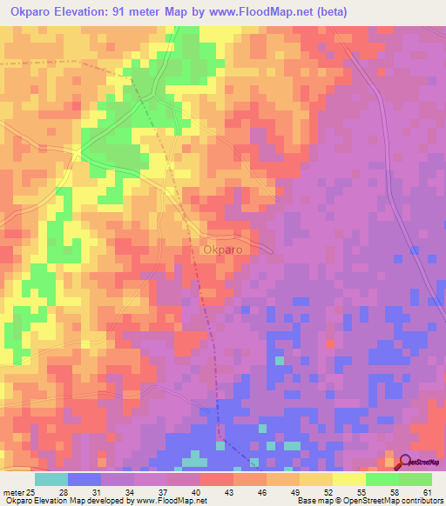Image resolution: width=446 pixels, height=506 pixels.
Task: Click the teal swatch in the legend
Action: (51, 479)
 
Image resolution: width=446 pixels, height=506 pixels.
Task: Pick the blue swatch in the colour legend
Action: (84, 479)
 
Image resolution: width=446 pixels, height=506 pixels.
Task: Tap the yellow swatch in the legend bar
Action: (348, 479)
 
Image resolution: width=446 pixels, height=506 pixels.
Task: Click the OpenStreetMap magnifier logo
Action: (406, 462)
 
